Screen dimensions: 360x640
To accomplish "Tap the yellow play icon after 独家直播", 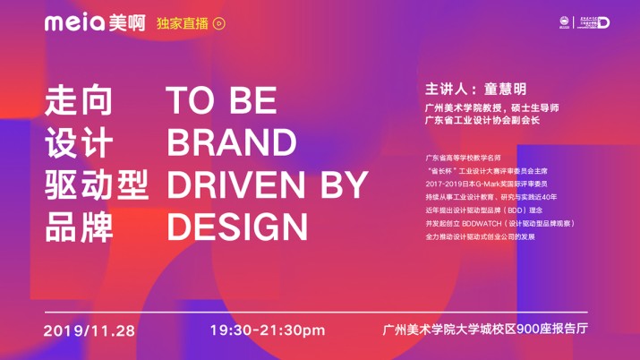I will [218, 25].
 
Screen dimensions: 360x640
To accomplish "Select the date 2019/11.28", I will [89, 330].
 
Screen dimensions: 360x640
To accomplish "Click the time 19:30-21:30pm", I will [267, 330].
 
